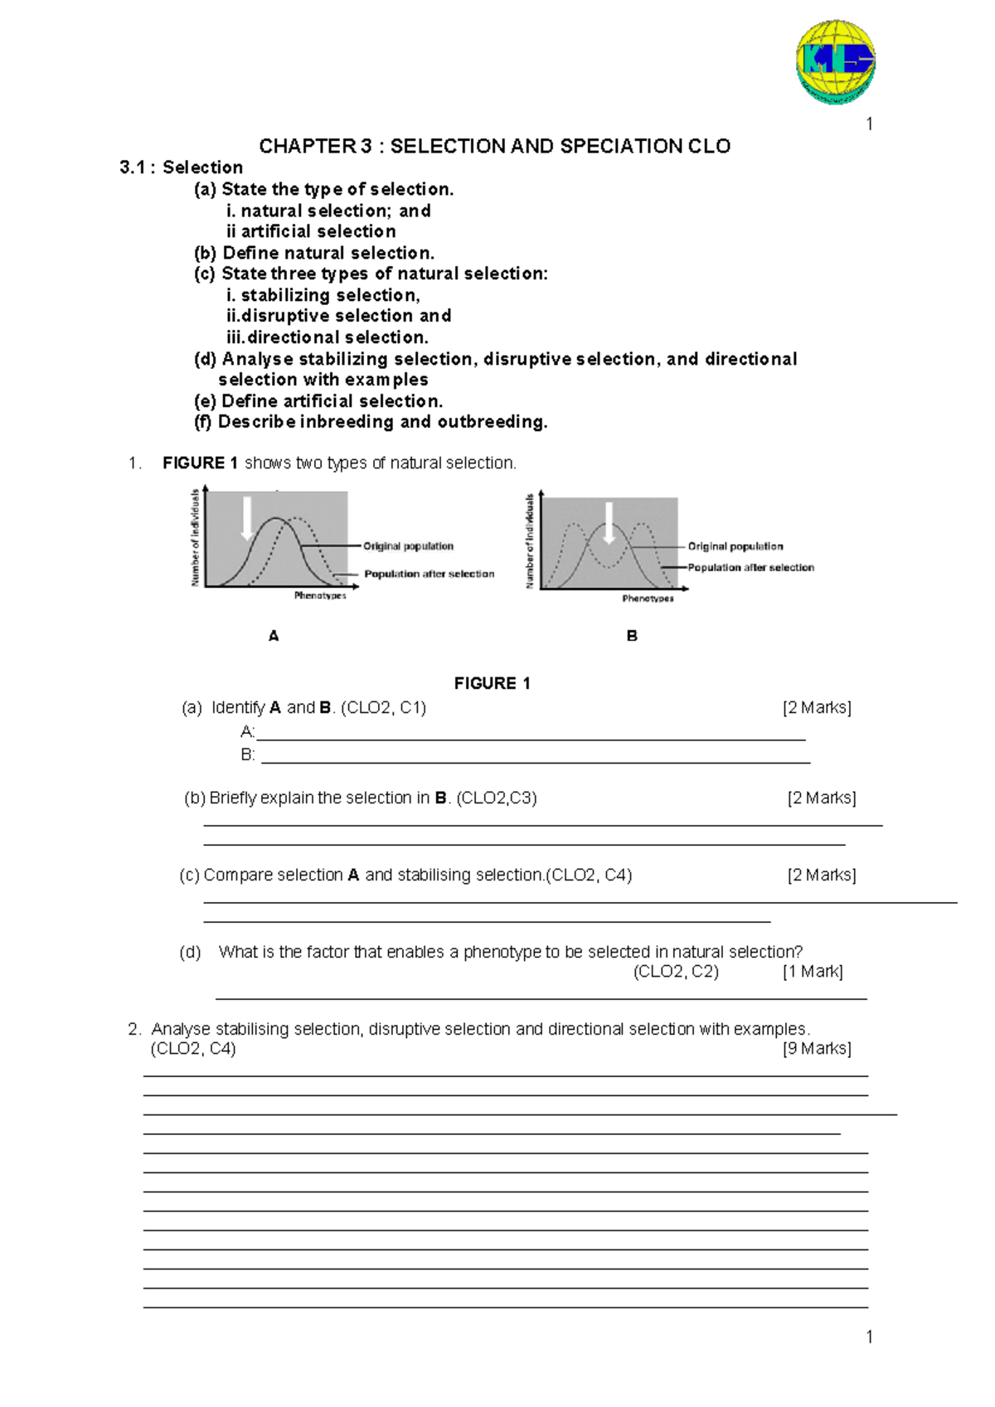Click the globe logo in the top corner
(x=835, y=62)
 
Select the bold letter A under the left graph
(x=274, y=636)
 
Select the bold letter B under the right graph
(x=632, y=636)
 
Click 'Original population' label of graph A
(x=408, y=546)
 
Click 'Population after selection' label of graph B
(x=751, y=568)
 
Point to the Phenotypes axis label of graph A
(x=320, y=595)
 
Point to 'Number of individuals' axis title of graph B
(x=530, y=541)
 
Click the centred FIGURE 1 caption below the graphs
(x=492, y=683)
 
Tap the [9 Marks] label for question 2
(x=817, y=1049)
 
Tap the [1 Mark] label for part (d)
(x=813, y=972)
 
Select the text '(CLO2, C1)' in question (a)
(x=383, y=708)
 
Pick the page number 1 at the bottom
(x=869, y=1337)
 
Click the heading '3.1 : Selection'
(x=181, y=167)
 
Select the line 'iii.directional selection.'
(x=328, y=337)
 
